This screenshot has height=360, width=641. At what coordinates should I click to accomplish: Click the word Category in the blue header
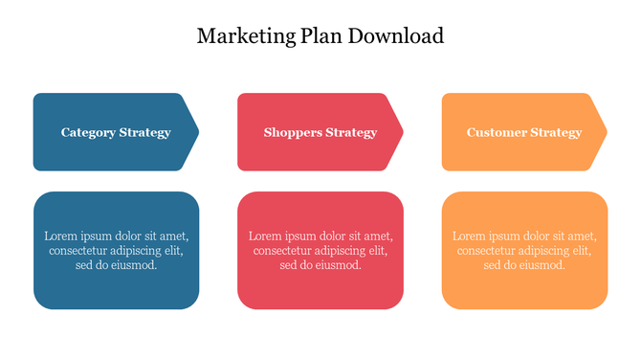[x=88, y=133]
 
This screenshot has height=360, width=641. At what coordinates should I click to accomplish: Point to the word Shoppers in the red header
[x=292, y=133]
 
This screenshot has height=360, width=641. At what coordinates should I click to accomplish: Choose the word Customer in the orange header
[x=496, y=133]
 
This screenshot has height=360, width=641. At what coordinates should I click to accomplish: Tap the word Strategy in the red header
[x=351, y=133]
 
